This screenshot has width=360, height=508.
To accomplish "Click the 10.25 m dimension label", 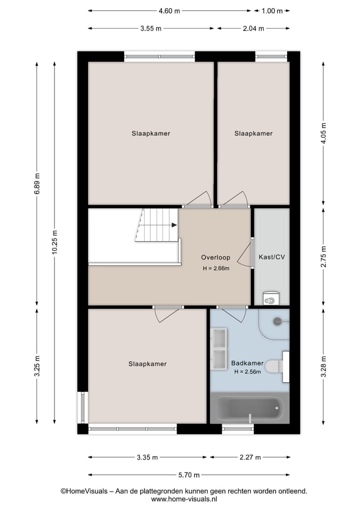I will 54,243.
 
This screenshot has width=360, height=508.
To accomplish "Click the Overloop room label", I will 215,258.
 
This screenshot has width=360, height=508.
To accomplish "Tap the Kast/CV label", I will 271,258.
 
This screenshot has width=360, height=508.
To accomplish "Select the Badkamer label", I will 247,363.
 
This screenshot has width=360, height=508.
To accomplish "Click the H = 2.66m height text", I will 215,269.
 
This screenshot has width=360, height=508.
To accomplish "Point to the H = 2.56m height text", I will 247,372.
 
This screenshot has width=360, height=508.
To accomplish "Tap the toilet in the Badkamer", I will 274,367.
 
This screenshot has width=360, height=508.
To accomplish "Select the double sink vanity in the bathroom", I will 219,348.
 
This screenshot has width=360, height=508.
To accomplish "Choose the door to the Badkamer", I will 233,314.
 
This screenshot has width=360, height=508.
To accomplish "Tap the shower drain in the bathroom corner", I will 277,322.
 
